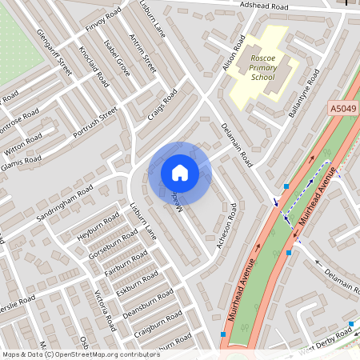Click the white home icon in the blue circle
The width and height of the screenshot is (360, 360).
click(180, 173)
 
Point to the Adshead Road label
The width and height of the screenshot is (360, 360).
click(267, 5)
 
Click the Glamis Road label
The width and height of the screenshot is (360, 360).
click(21, 161)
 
